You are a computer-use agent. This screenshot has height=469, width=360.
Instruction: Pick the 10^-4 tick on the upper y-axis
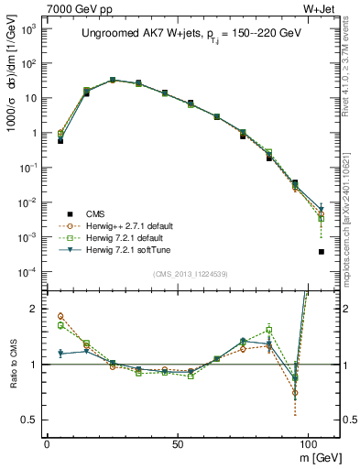(29, 272)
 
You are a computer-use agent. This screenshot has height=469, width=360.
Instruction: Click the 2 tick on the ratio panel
(34, 309)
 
